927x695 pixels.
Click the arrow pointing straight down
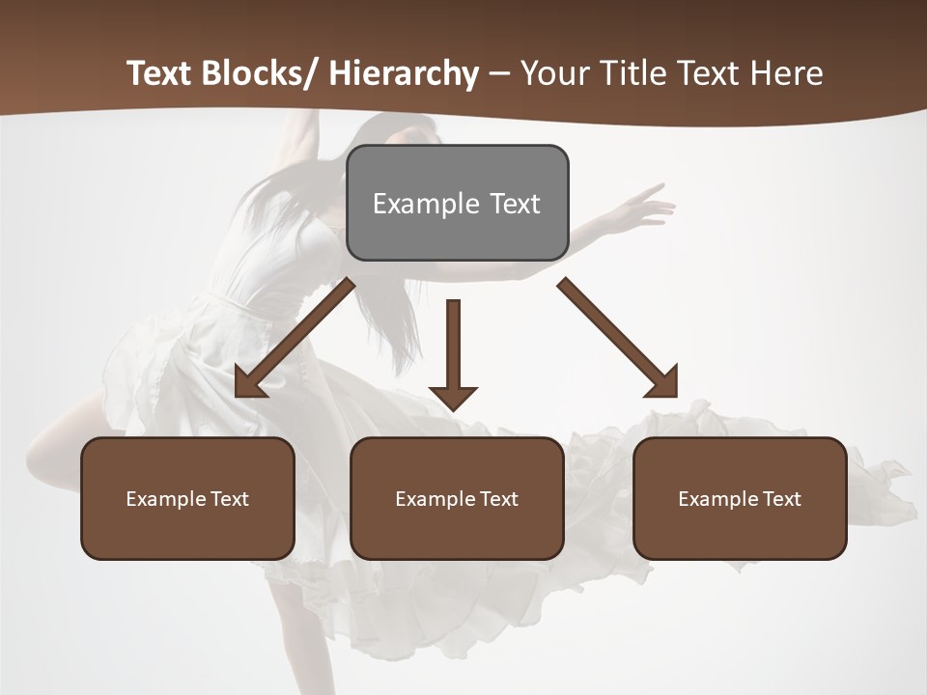pyautogui.click(x=453, y=352)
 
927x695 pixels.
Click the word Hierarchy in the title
pyautogui.click(x=404, y=73)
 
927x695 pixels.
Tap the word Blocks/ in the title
pyautogui.click(x=258, y=73)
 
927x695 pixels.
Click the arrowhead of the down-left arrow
pyautogui.click(x=249, y=384)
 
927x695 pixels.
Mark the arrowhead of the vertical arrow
pyautogui.click(x=453, y=398)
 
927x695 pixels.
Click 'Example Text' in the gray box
pyautogui.click(x=457, y=204)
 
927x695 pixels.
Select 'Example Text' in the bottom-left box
pyautogui.click(x=187, y=499)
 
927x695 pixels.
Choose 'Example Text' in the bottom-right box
pyautogui.click(x=740, y=499)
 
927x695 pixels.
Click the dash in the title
pyautogui.click(x=499, y=73)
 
